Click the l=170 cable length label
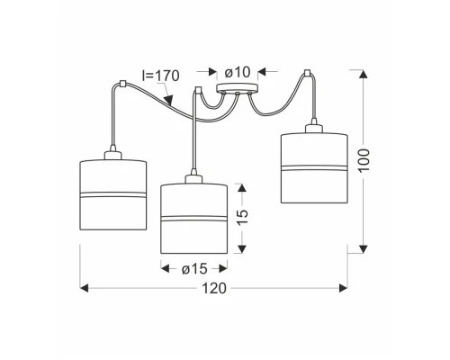click(161, 76)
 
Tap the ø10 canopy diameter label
click(238, 72)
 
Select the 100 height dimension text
click(364, 160)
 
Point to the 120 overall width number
click(214, 288)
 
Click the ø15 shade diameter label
click(194, 269)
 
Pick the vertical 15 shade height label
click(243, 213)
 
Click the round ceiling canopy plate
click(238, 87)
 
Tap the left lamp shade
click(113, 195)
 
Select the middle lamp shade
click(194, 219)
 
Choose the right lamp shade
click(314, 168)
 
